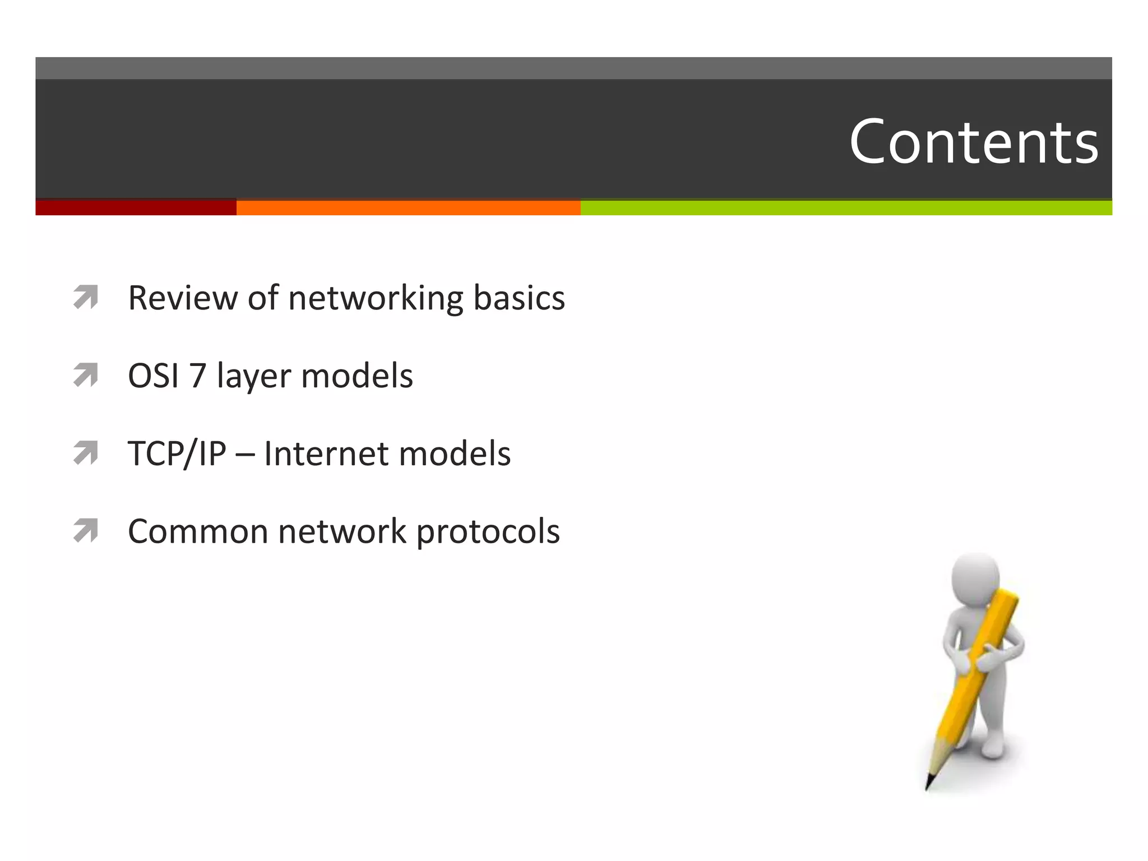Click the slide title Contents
tap(974, 142)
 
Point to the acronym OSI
tap(153, 376)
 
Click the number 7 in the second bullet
tap(197, 376)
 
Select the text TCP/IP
tap(177, 454)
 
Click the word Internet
tap(326, 453)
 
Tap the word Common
tap(198, 531)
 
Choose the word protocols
tap(488, 533)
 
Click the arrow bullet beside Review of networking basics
tap(86, 297)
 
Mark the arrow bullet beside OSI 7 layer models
tap(86, 375)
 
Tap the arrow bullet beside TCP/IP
tap(86, 453)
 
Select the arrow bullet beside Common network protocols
tap(86, 531)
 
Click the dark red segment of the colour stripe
tap(136, 207)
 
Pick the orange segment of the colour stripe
tap(408, 207)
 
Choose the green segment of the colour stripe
tap(846, 207)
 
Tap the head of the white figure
tap(976, 577)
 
